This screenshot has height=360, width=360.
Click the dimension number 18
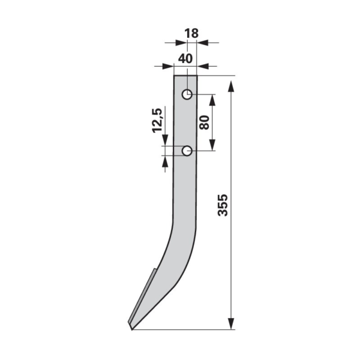[x=191, y=34]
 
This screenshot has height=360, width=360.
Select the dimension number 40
[x=185, y=59]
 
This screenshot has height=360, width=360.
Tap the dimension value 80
[x=204, y=122]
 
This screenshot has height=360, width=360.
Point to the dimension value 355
[x=223, y=205]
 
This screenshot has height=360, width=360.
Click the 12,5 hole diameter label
[x=157, y=119]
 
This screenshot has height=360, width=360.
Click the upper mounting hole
[x=187, y=94]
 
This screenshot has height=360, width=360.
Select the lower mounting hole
[x=187, y=151]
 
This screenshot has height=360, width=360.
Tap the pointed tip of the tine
[x=131, y=329]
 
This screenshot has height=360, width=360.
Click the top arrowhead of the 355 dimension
[x=232, y=87]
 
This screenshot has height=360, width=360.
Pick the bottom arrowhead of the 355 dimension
[x=232, y=324]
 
